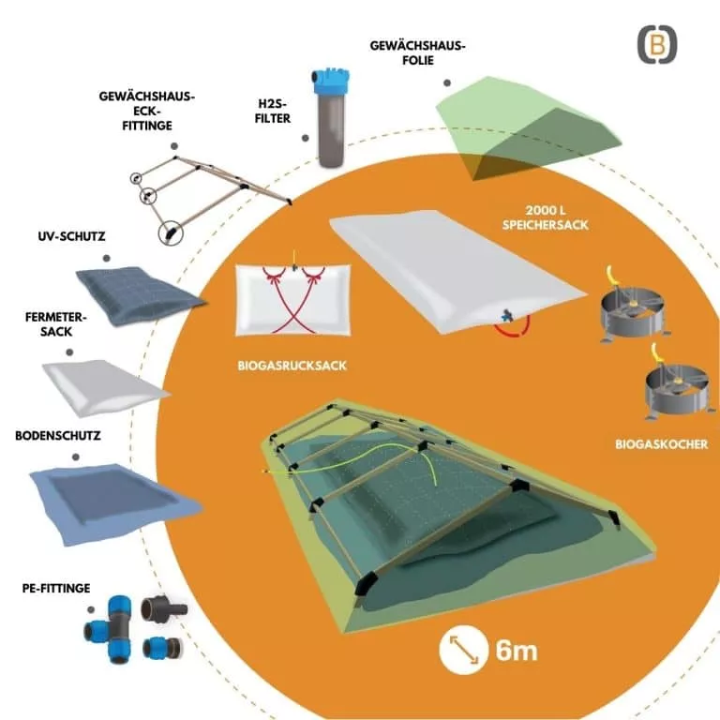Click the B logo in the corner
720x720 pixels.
[x=657, y=45]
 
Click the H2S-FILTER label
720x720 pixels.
[x=273, y=112]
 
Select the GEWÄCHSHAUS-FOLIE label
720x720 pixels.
[x=418, y=52]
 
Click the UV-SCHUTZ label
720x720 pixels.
[x=71, y=236]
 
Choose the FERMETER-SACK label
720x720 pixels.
[x=56, y=324]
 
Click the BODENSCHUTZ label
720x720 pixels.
[x=58, y=436]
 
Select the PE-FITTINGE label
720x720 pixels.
[x=56, y=588]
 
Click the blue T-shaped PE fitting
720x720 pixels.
[x=110, y=629]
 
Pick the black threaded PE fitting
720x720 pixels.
[x=163, y=609]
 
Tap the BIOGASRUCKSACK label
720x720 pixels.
[x=292, y=366]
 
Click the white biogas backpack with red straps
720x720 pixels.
[x=292, y=299]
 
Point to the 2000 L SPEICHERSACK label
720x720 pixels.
[x=545, y=217]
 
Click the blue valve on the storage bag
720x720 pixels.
[x=507, y=315]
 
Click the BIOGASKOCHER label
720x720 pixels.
[x=661, y=444]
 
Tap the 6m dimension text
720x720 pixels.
[x=517, y=652]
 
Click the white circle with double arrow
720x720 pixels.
[x=463, y=650]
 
